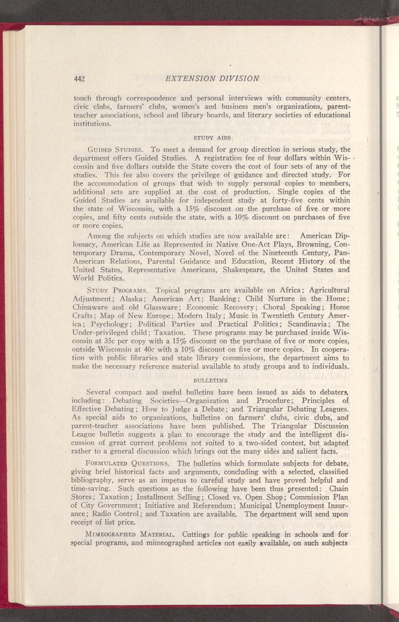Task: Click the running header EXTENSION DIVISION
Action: [212, 78]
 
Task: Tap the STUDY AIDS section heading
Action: [212, 137]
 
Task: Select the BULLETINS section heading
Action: [211, 381]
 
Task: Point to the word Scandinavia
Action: [311, 324]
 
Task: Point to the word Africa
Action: [281, 289]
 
